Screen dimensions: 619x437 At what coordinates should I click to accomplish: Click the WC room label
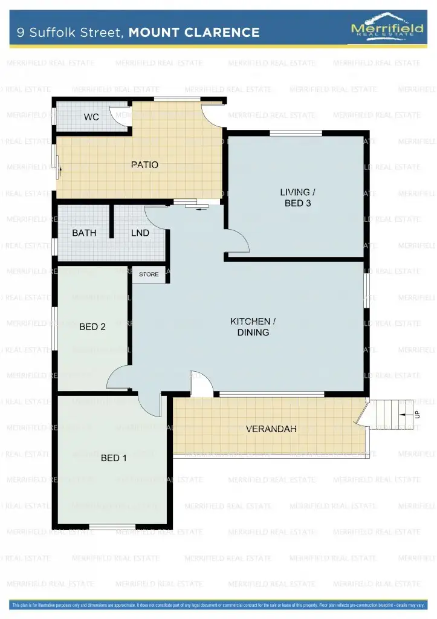point(91,117)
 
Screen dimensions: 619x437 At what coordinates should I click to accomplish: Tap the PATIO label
point(144,164)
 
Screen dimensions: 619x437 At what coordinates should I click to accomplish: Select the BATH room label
point(84,233)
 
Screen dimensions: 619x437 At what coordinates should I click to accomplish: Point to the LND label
point(140,233)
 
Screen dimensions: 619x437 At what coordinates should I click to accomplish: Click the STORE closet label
point(149,274)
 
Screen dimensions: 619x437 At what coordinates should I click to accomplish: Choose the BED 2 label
point(92,327)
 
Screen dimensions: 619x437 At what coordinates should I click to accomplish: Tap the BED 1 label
point(114,458)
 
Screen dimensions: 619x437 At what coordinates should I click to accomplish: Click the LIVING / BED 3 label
point(297,198)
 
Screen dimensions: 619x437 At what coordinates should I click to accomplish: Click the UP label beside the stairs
point(417,415)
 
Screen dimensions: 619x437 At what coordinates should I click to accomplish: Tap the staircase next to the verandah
point(390,414)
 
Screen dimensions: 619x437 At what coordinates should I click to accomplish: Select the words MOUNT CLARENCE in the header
point(194,33)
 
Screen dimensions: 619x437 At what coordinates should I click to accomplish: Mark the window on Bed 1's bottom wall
point(112,526)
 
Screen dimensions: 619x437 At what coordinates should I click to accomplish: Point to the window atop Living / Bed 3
point(296,133)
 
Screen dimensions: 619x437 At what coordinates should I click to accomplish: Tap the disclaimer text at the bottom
point(218,604)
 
